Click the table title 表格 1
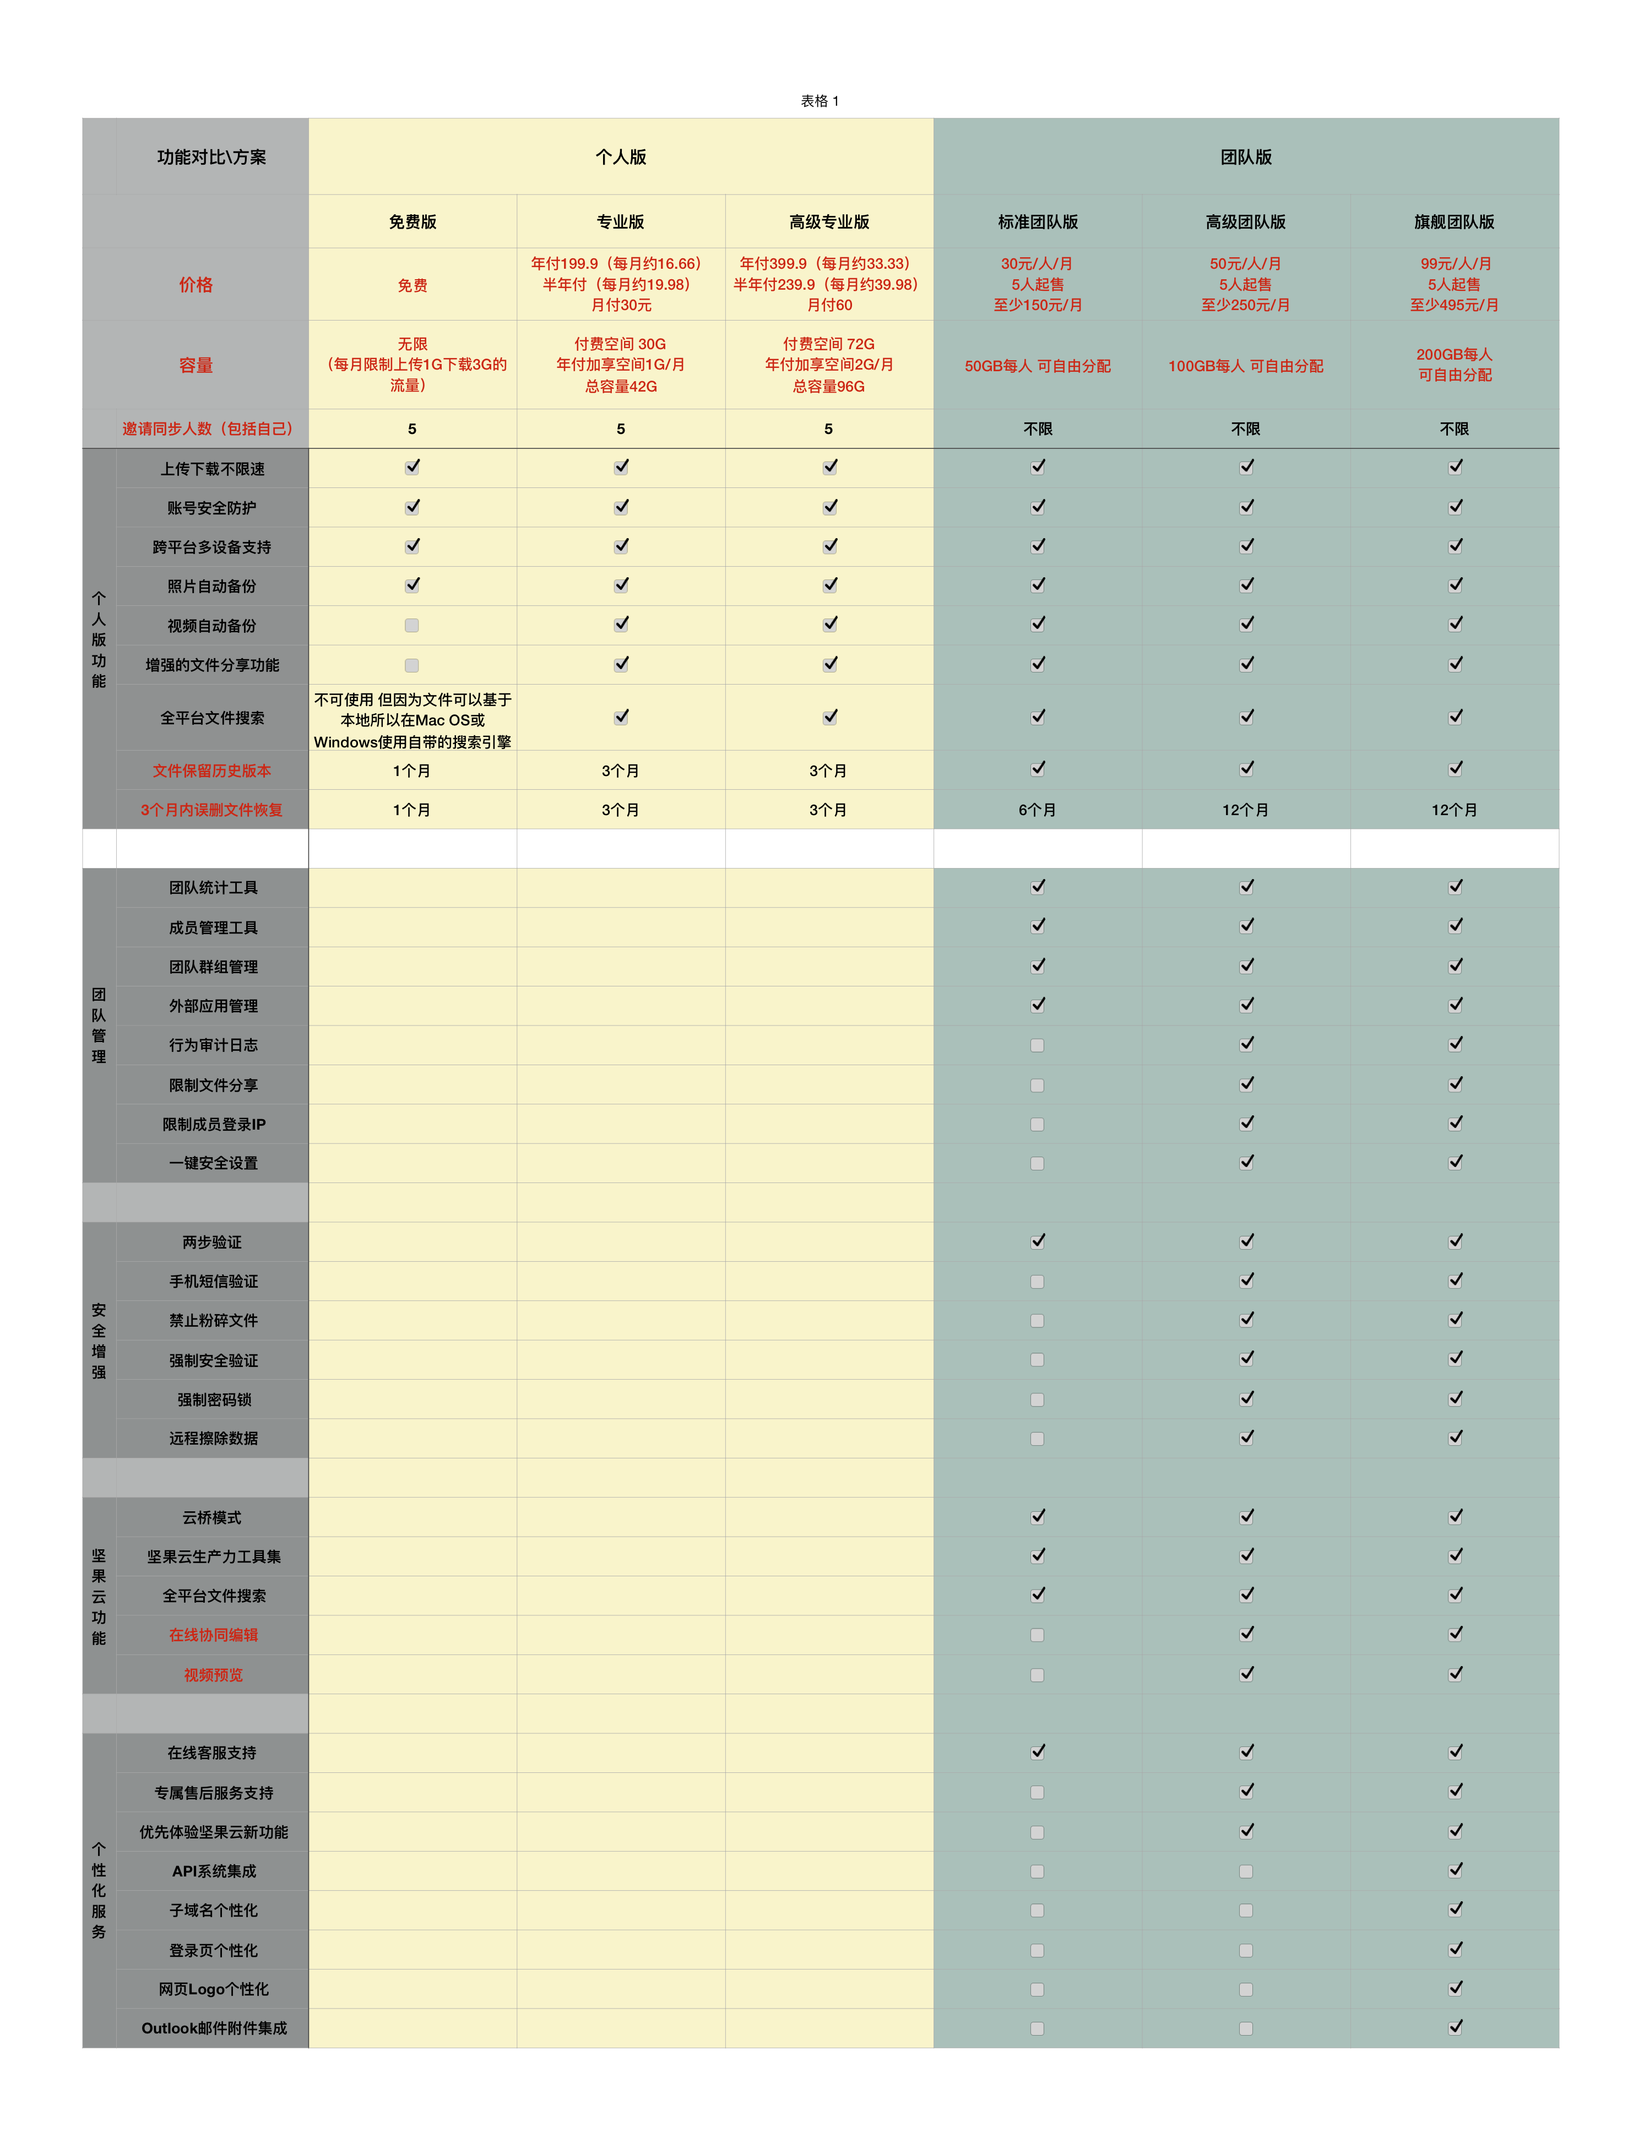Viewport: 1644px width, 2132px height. coord(820,101)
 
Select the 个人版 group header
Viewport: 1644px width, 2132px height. coord(621,157)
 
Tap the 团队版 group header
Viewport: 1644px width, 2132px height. coord(1246,157)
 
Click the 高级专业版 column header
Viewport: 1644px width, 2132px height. coord(829,221)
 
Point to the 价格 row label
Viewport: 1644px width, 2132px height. coord(196,284)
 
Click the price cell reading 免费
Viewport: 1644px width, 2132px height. coord(412,285)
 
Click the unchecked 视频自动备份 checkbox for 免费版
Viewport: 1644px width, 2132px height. coord(412,626)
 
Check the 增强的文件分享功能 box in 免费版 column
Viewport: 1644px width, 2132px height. coord(412,666)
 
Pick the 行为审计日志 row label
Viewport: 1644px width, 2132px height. coord(213,1045)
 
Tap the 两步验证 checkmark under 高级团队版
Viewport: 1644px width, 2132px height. coord(1247,1241)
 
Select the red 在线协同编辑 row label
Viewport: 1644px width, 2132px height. coord(213,1634)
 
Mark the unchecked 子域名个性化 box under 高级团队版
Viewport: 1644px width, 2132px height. coord(1246,1911)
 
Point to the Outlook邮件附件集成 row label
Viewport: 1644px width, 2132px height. coord(214,2027)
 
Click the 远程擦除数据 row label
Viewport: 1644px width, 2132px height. coord(213,1438)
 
